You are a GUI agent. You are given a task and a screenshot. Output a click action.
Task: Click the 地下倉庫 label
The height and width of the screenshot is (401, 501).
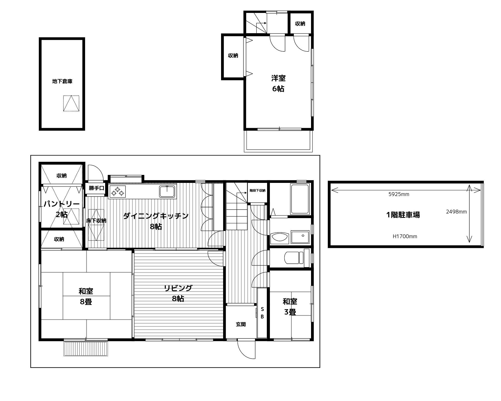(x=62, y=81)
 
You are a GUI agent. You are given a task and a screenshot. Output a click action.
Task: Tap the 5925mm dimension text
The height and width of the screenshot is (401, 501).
(x=399, y=194)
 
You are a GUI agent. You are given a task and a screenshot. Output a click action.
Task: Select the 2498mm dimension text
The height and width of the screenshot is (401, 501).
(x=456, y=212)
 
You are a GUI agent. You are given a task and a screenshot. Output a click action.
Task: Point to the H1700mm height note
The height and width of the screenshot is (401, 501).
(x=405, y=236)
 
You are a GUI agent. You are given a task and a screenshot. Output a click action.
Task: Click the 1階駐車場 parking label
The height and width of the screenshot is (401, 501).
(x=403, y=215)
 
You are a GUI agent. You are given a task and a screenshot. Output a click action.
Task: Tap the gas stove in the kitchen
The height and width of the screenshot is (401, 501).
(x=118, y=192)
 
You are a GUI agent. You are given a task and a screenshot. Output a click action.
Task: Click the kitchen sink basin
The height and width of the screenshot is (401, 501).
(x=167, y=191)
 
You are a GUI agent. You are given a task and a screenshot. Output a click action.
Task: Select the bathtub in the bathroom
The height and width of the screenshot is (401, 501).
(x=299, y=199)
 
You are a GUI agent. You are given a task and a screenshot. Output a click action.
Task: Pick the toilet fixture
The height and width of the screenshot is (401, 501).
(x=294, y=257)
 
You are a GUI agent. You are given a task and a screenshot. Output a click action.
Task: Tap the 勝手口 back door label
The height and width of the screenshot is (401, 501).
(x=96, y=188)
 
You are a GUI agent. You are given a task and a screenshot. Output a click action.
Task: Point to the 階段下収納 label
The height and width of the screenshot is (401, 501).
(x=257, y=191)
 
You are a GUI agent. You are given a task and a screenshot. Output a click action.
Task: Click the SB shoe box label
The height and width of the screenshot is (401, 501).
(x=262, y=313)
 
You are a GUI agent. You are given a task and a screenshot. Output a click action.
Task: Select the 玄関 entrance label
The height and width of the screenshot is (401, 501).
(x=241, y=324)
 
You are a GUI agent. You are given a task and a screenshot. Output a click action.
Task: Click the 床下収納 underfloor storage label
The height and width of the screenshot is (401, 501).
(x=96, y=220)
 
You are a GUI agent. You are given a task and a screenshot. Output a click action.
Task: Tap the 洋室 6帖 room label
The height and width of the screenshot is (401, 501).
(x=278, y=83)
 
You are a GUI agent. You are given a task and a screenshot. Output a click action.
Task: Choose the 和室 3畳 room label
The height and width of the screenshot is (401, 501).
(x=290, y=307)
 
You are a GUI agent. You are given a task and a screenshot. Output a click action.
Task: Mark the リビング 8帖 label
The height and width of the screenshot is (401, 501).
(x=178, y=293)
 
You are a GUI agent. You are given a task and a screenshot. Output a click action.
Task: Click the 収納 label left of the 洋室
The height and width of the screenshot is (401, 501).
(x=233, y=56)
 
